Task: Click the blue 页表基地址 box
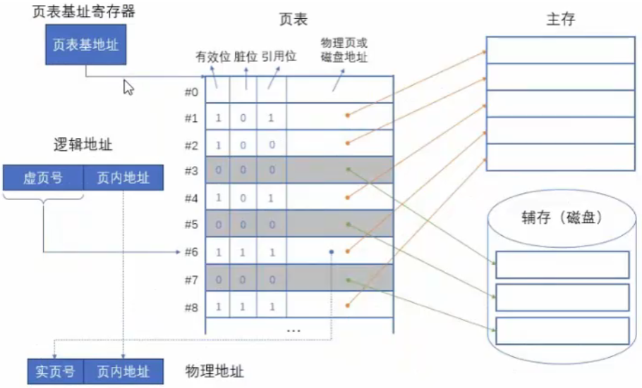coord(85,44)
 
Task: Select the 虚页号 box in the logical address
coord(43,178)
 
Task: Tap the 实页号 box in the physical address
coord(55,372)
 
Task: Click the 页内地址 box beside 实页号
coord(123,372)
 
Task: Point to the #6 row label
coord(191,252)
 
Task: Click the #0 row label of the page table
coord(191,92)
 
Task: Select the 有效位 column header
coord(213,57)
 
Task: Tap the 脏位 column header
coord(246,57)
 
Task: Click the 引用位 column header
coord(279,56)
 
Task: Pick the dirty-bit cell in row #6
coord(243,252)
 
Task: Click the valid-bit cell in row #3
coord(218,170)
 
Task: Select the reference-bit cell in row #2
coord(272,145)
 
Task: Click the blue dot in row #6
coord(332,252)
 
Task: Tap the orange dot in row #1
coord(347,115)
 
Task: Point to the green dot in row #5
coord(349,225)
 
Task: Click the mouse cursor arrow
coord(128,87)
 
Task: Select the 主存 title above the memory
coord(561,19)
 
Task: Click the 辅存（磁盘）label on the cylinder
coord(562,218)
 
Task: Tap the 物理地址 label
coord(214,371)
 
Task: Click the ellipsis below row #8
coord(294,330)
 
